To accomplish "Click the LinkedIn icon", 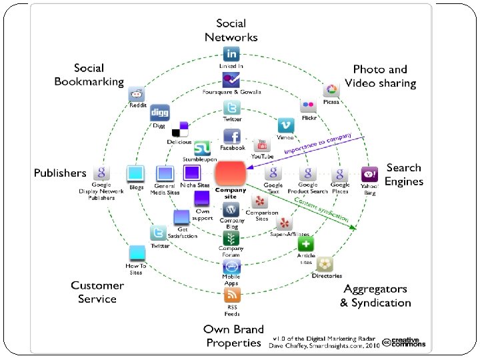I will pos(231,54).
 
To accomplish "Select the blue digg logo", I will pos(159,112).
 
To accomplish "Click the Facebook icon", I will pos(231,136).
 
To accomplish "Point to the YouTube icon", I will pos(261,145).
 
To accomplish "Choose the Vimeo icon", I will pos(286,125).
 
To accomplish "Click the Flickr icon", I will pos(308,105).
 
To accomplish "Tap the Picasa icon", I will pos(331,90).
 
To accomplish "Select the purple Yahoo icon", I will pos(369,174).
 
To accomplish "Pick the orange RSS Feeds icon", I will pos(231,295).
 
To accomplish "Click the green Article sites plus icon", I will pos(305,244).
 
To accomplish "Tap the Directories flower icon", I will pos(325,264).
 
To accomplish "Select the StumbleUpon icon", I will pos(202,148).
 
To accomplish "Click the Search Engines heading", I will pos(404,175).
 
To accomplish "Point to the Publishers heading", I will pos(60,173).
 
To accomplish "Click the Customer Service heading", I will pos(97,292).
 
